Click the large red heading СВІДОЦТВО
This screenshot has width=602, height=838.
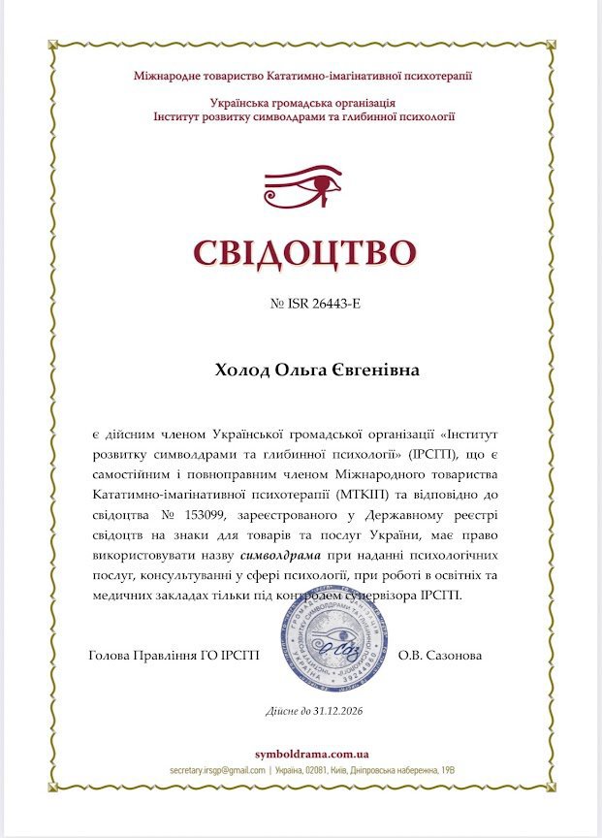303,251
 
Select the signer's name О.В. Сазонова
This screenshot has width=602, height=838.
440,655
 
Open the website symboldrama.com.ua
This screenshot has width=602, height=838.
310,754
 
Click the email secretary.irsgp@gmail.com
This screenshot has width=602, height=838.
217,769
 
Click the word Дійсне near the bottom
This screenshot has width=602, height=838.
282,711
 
